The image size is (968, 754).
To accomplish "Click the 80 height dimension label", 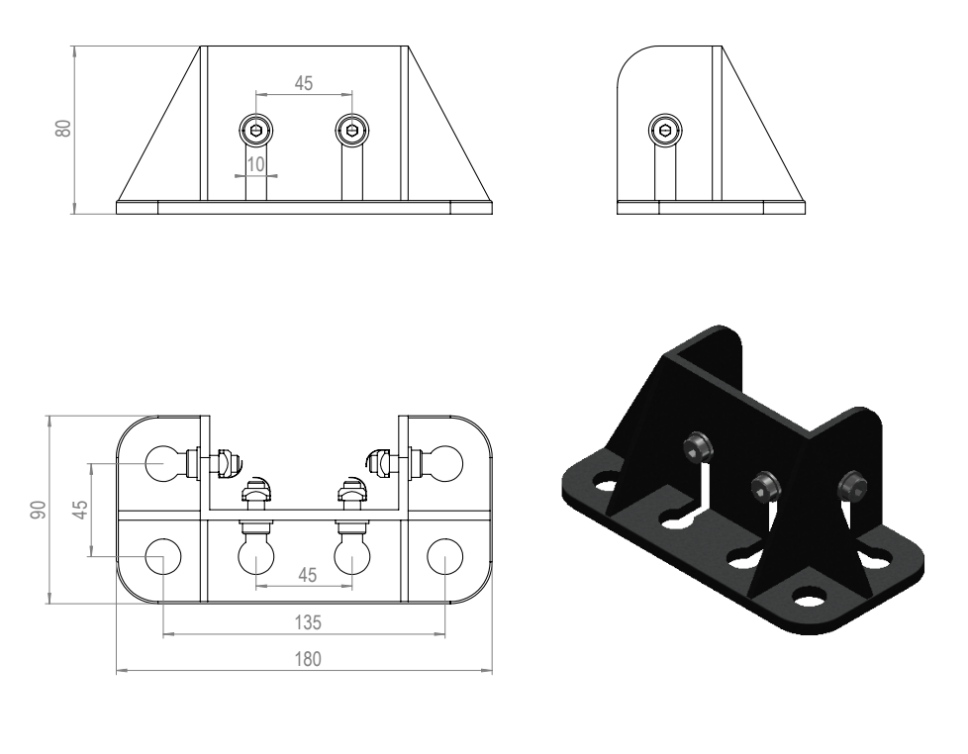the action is tap(63, 128).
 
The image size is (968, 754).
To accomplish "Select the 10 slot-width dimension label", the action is tap(255, 164).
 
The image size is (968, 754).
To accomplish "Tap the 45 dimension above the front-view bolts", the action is tap(304, 83).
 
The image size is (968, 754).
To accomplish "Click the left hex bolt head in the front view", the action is tap(256, 130).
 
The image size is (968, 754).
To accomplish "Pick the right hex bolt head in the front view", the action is tap(352, 130).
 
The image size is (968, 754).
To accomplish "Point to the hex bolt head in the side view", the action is tap(665, 131).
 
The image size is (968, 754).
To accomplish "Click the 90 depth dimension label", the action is tap(39, 511).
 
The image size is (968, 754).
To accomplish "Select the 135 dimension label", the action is tap(308, 622).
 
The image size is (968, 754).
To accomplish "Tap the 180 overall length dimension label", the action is tap(308, 660).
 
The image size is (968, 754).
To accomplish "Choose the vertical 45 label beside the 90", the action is tap(79, 510).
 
